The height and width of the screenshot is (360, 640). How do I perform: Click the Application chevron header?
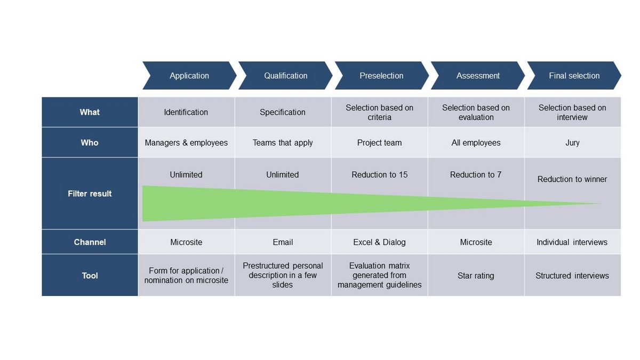pos(189,75)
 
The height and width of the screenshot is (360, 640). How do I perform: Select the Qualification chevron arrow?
pos(285,75)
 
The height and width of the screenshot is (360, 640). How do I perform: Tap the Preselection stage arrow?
pos(382,75)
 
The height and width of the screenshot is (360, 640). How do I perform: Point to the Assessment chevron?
pos(478,75)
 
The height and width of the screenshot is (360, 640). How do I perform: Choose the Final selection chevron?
pos(574,75)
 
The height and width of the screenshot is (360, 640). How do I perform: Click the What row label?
pos(90,112)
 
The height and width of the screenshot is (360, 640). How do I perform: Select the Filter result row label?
pos(90,194)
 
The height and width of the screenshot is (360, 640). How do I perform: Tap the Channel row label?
pos(90,242)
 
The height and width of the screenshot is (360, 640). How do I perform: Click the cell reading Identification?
pos(186,112)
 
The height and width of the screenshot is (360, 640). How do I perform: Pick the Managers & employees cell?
pos(186,142)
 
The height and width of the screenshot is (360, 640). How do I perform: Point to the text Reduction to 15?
pos(379,174)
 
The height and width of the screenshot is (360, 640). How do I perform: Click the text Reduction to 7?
pos(476,174)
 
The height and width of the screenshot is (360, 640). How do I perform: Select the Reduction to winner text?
pos(572,179)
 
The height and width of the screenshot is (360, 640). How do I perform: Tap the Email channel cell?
pos(283,242)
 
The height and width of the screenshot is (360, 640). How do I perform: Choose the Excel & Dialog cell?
pos(379,242)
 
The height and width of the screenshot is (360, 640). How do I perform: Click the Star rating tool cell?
pos(476,275)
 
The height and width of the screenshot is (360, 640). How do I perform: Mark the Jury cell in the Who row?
pos(573,142)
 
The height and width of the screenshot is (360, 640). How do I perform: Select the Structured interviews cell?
pos(573,275)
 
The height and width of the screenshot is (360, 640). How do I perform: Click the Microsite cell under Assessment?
pos(476,242)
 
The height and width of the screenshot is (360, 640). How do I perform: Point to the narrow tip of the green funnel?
pos(601,204)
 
